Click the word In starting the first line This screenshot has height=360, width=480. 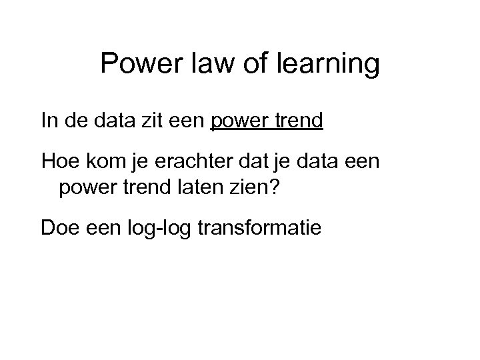(49, 122)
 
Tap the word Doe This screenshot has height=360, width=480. (59, 229)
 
